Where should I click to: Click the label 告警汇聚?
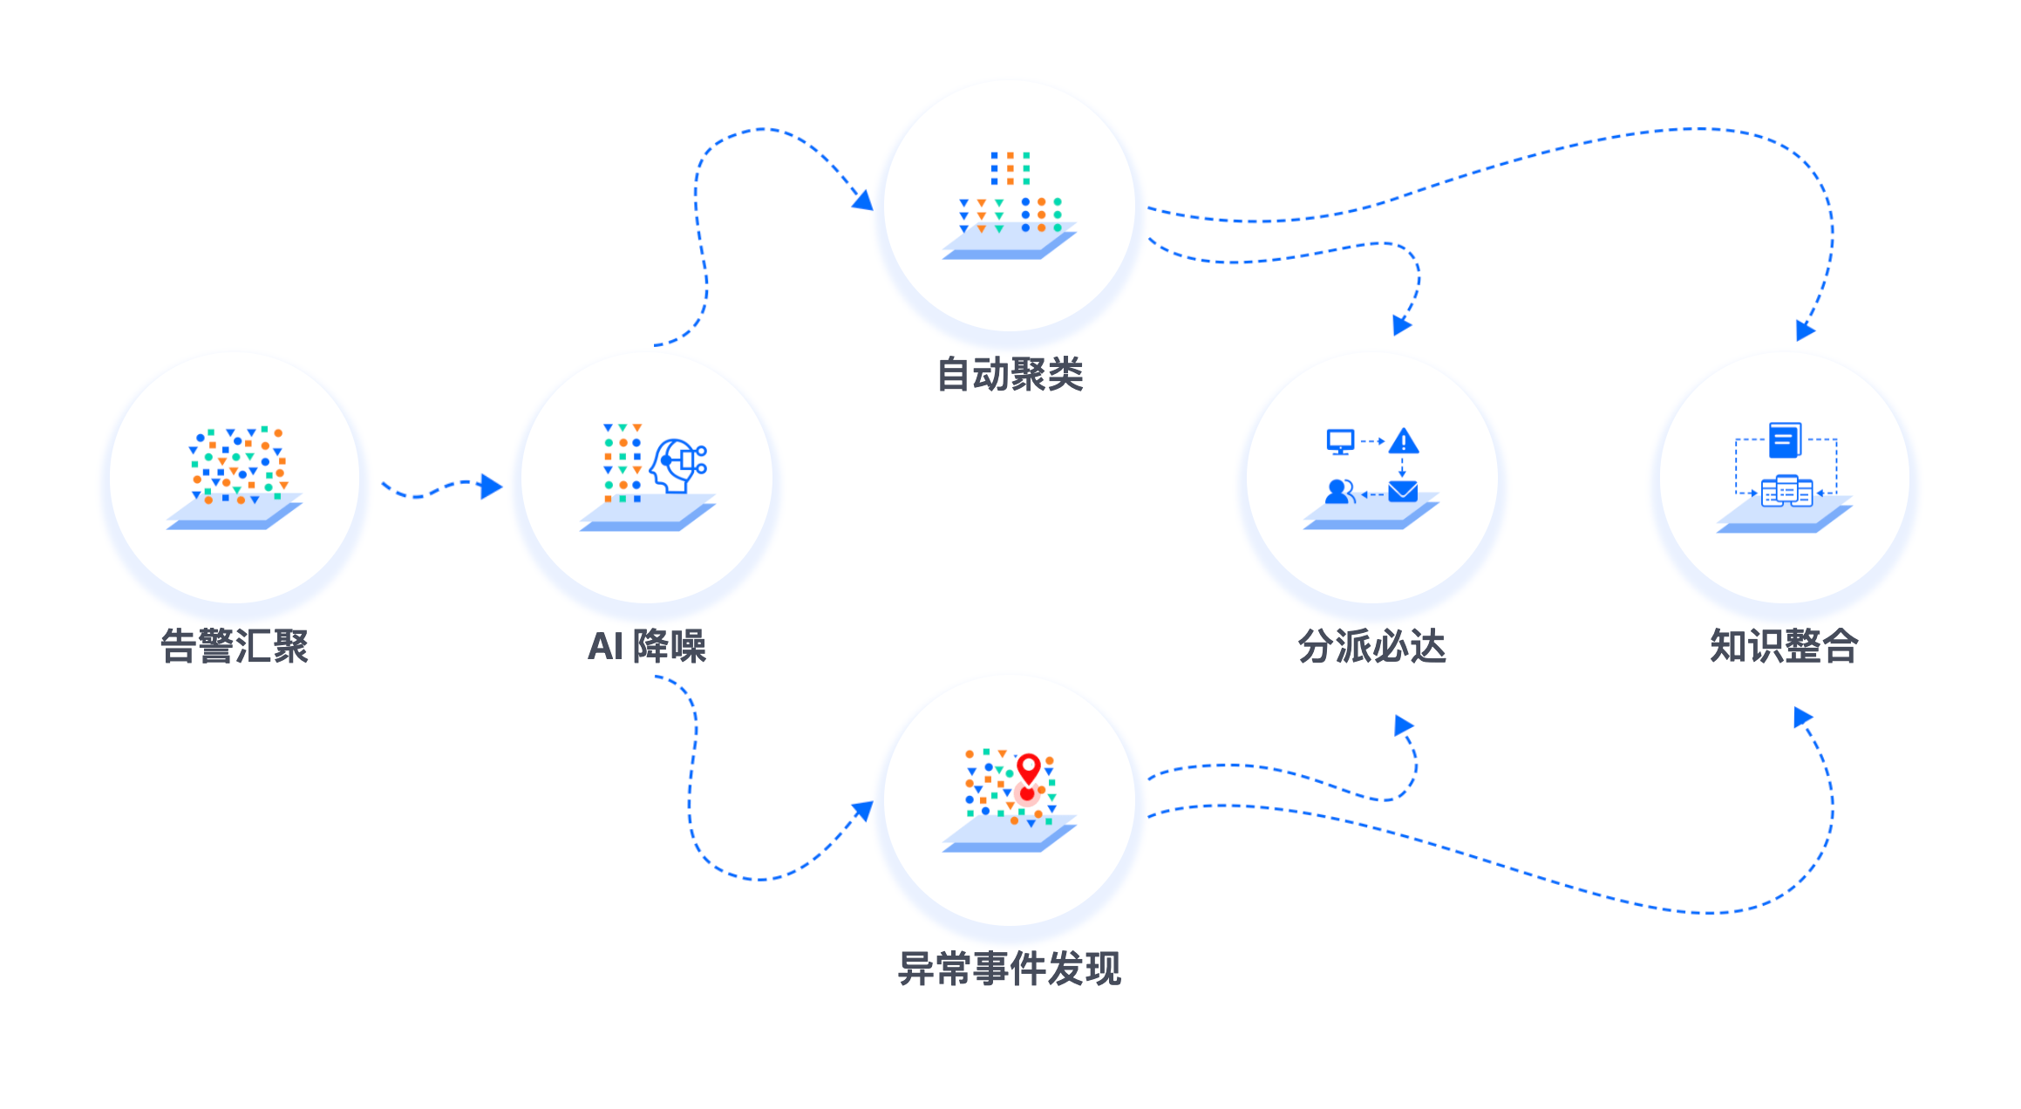coord(235,646)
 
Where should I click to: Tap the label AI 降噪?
coord(647,646)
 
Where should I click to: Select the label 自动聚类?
coord(1010,375)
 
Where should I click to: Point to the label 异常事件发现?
coord(1010,969)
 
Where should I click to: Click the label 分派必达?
coord(1372,646)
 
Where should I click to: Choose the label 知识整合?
coord(1784,646)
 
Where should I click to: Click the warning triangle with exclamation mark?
coord(1404,441)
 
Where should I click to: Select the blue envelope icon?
coord(1403,493)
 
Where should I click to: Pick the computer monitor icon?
coord(1340,442)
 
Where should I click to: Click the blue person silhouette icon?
coord(1339,492)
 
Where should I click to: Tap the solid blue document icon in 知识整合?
coord(1785,440)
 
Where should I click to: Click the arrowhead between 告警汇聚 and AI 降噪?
coord(492,486)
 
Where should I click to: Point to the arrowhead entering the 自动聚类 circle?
coord(862,201)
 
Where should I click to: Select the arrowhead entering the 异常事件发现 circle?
coord(862,811)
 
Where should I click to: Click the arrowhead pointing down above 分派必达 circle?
coord(1401,326)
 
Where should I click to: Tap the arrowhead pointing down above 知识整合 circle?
coord(1805,330)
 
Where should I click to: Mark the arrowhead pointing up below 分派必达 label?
coord(1404,725)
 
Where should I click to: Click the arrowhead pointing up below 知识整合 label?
coord(1803,718)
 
